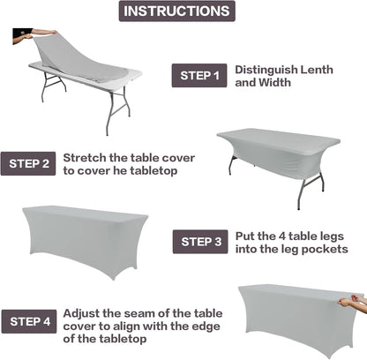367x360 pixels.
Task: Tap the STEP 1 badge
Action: tap(200, 75)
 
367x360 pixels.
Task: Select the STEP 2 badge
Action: tap(29, 163)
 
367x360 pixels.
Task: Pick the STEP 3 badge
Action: tap(200, 241)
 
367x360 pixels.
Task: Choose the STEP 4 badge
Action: tap(29, 319)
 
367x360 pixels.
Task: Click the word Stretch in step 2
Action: tap(86, 157)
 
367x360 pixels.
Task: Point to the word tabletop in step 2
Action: tap(154, 170)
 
